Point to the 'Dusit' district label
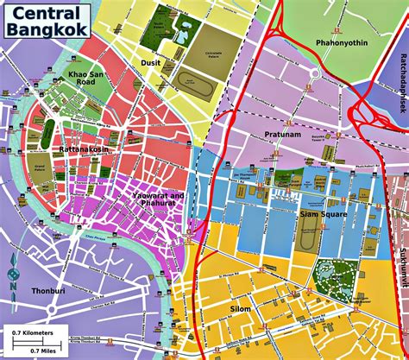tap(151, 62)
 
